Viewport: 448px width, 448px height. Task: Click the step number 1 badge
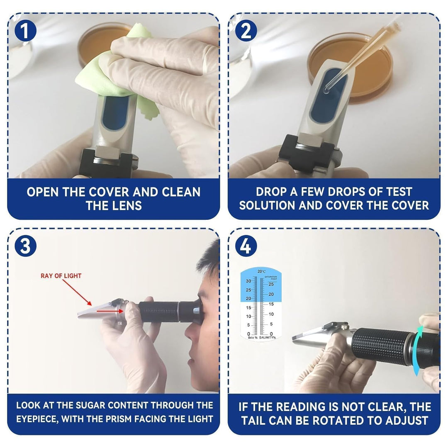click(25, 31)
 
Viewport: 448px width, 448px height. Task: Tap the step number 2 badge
click(246, 31)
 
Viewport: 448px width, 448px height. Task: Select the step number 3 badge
click(25, 246)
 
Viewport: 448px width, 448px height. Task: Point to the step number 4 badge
click(246, 246)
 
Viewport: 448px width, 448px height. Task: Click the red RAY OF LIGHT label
click(61, 276)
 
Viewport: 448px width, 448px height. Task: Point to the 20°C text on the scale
click(261, 271)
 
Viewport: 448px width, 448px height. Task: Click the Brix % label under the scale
click(253, 337)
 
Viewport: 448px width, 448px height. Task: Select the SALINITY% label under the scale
click(268, 337)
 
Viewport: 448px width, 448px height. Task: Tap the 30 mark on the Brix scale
click(248, 281)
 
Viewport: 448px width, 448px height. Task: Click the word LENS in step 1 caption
click(128, 206)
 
